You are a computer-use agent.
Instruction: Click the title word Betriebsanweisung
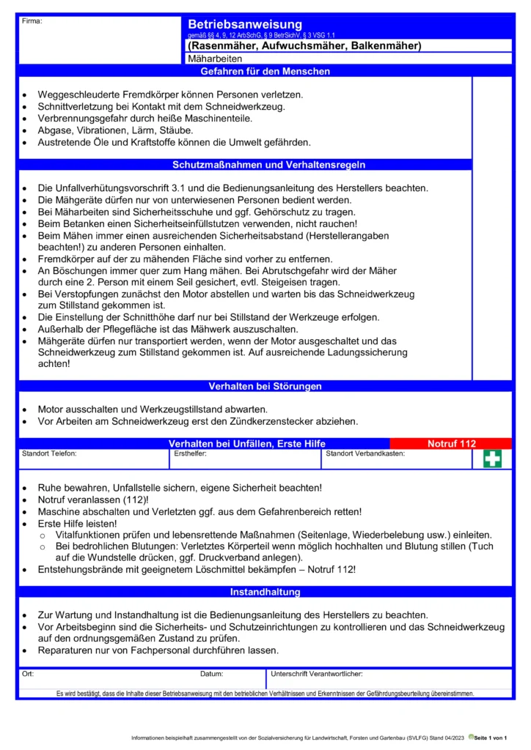pyautogui.click(x=244, y=25)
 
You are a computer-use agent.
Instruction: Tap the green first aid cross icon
pyautogui.click(x=492, y=458)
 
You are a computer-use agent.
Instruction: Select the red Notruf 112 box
pyautogui.click(x=451, y=444)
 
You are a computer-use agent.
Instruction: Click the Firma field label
pyautogui.click(x=32, y=21)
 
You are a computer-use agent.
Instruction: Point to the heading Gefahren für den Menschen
pyautogui.click(x=265, y=72)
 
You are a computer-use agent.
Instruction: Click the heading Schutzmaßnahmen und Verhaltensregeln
pyautogui.click(x=268, y=165)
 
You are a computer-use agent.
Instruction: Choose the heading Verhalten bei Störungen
pyautogui.click(x=265, y=386)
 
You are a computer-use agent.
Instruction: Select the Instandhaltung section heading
pyautogui.click(x=265, y=592)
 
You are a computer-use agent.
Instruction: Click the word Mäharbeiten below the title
pyautogui.click(x=215, y=59)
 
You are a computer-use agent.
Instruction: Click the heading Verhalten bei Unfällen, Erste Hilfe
pyautogui.click(x=246, y=444)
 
